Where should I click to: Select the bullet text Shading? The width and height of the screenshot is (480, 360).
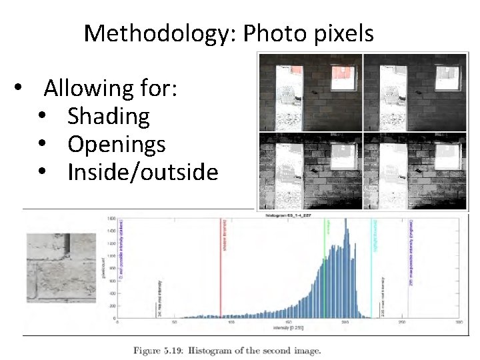(108, 116)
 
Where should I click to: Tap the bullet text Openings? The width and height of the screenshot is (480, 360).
(117, 145)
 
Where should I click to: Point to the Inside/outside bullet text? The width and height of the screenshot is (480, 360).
(143, 173)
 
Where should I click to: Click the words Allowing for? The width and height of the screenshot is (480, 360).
(111, 87)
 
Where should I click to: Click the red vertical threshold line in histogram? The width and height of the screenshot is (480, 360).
(221, 267)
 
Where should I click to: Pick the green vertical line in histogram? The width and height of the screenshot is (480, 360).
(325, 267)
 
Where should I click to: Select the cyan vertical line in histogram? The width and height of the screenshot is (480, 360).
(371, 267)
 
